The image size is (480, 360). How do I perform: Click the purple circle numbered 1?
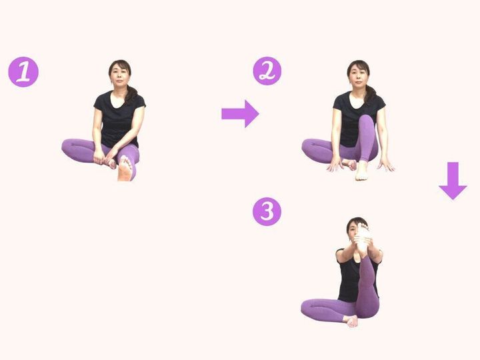click(x=23, y=72)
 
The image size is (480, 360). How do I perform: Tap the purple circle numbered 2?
click(x=267, y=71)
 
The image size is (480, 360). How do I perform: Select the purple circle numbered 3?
click(x=267, y=211)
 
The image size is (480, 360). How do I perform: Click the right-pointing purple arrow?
click(x=240, y=113)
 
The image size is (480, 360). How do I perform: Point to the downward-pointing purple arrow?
click(x=453, y=181)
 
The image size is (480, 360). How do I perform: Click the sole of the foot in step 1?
click(x=125, y=169)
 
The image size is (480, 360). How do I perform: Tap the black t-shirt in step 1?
click(x=119, y=118)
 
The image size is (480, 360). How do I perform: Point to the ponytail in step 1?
click(x=132, y=93)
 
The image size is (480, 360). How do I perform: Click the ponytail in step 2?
click(x=370, y=93)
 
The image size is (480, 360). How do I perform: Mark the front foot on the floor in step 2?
click(x=362, y=171)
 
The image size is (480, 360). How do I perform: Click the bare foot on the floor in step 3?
click(x=351, y=321)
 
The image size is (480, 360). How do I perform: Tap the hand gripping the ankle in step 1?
click(x=101, y=157)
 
